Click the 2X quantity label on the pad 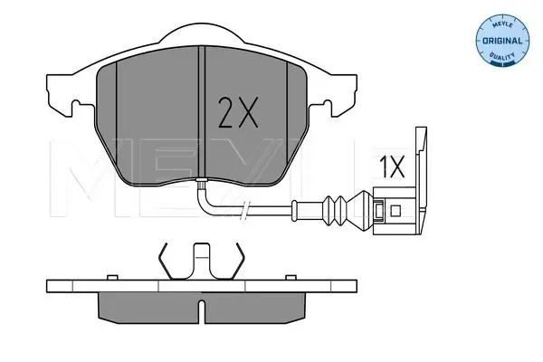(x=238, y=112)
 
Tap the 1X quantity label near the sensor (x=392, y=167)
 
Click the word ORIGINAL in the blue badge (x=502, y=41)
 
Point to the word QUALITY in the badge (x=502, y=56)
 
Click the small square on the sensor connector (x=395, y=210)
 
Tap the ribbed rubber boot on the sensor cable (x=334, y=211)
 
